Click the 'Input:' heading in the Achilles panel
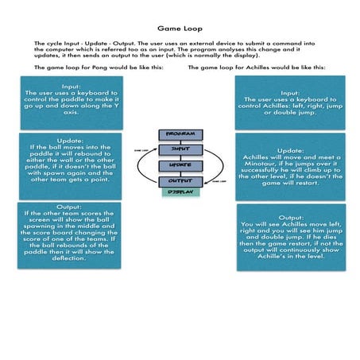[x=290, y=92]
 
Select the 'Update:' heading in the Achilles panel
[x=290, y=149]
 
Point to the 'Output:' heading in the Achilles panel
[x=290, y=216]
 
